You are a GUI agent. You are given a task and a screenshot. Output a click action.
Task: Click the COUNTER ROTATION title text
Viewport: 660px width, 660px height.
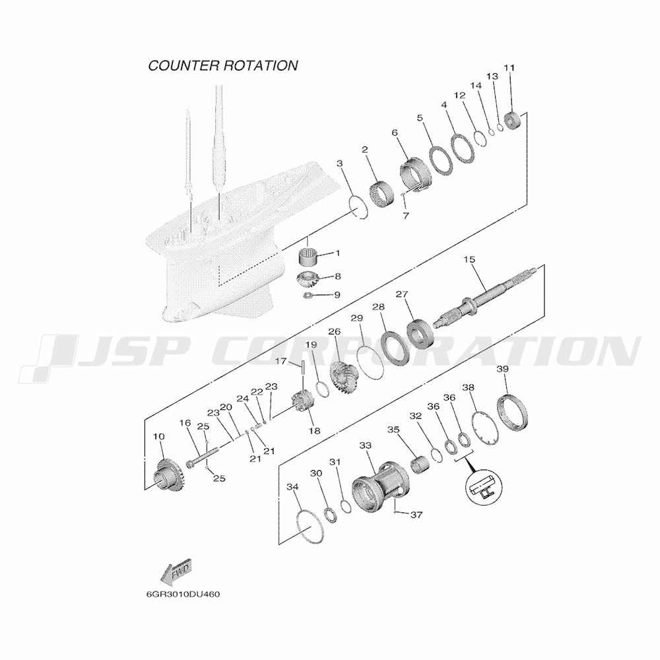pos(223,65)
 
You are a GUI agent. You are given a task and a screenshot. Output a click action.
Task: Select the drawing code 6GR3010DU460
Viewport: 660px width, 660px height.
pos(183,595)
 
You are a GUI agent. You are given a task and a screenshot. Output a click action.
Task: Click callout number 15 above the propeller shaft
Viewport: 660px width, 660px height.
pos(469,259)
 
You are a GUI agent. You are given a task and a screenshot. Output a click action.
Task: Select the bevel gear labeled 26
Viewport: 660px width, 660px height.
pos(343,379)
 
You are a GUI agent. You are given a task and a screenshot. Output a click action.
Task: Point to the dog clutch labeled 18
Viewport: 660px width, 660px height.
pos(303,401)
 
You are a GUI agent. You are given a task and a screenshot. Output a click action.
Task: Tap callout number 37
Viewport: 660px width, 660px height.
pos(416,514)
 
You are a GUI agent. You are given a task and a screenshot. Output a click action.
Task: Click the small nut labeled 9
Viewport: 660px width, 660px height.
pos(308,295)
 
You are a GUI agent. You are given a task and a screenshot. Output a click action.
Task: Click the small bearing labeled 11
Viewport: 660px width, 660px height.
pos(512,120)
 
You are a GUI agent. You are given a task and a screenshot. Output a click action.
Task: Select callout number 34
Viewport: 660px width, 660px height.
pos(292,487)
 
